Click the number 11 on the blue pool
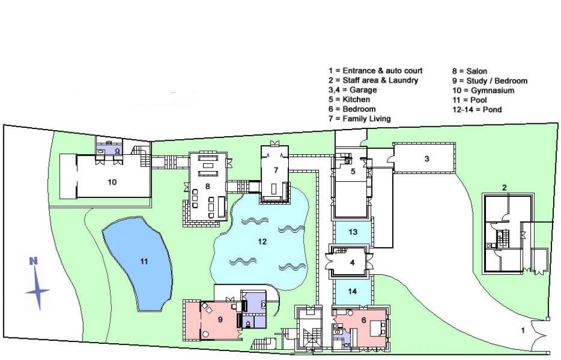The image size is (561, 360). coord(144,262)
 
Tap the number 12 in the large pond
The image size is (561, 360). coord(262,242)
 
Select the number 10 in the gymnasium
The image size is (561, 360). coord(112,182)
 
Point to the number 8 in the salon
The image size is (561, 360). coord(208,186)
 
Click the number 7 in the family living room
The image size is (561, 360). coord(276,170)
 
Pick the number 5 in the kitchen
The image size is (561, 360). coord(353,171)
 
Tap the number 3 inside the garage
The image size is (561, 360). coord(427,158)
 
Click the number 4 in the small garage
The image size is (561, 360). coord(352,263)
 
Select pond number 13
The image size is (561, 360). coord(353,232)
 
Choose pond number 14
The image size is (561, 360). coord(352,292)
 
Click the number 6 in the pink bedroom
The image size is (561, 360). coord(364,320)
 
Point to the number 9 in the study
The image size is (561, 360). coord(220,319)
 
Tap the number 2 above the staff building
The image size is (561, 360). coord(504,187)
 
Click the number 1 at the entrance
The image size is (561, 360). coord(523,331)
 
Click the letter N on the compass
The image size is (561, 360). coord(33,261)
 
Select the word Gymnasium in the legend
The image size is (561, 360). coord(493,90)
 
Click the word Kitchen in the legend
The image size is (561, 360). coord(356,99)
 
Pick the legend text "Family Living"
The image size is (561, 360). coord(367,119)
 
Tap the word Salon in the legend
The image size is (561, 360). coord(476,71)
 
